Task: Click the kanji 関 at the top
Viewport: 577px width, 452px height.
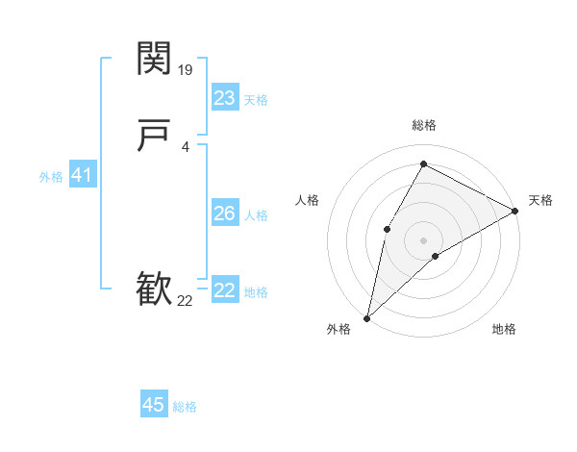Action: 155,59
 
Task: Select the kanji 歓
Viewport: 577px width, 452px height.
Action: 155,288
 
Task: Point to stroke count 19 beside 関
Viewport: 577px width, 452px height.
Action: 187,69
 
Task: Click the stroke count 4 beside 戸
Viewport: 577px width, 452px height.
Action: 185,146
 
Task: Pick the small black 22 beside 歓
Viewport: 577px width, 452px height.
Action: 186,301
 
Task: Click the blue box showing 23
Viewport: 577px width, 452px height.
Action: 225,97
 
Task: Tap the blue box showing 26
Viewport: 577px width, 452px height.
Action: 225,213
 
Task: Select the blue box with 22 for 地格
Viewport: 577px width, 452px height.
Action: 225,290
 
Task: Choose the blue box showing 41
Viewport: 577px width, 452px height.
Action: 82,175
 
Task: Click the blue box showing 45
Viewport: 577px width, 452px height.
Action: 154,405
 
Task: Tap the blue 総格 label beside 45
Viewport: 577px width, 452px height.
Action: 185,407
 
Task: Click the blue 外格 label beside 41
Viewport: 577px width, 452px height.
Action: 51,177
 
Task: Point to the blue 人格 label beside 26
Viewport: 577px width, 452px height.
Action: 257,215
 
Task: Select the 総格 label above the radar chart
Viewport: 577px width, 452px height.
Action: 423,125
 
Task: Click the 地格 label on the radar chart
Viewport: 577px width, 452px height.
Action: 504,330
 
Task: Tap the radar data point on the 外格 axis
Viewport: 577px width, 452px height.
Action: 366,317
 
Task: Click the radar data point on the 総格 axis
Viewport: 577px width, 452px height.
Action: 423,163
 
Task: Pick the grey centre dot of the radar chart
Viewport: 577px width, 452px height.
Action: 423,239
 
